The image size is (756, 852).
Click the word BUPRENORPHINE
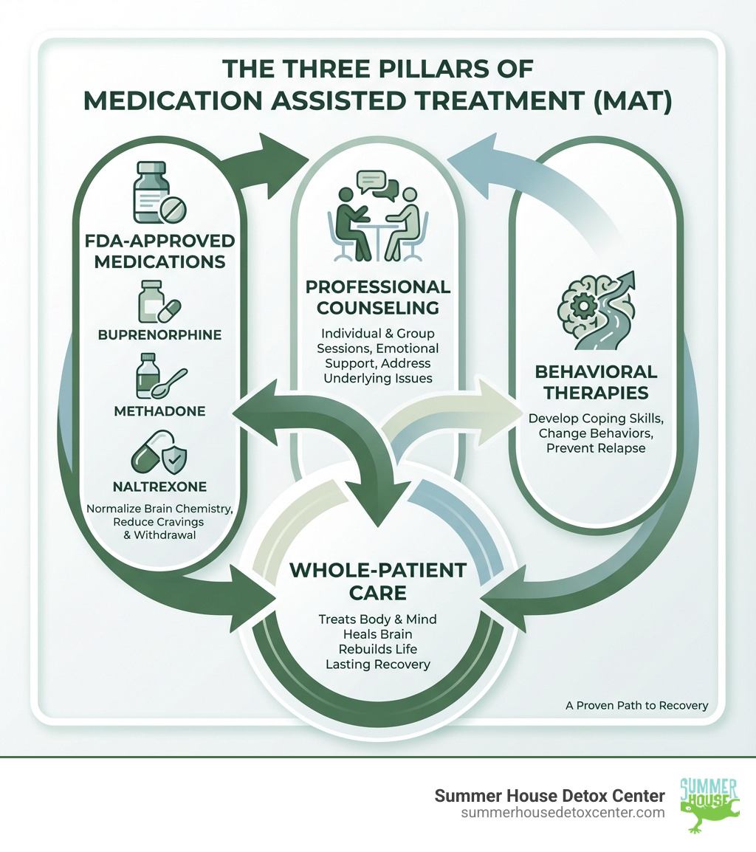159,334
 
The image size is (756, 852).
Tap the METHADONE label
159,410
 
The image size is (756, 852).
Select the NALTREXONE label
159,487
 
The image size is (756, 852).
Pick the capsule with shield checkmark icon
157,453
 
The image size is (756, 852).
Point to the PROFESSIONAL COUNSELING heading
378,297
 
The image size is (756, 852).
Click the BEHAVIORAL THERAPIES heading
596,382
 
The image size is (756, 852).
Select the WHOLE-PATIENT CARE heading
378,581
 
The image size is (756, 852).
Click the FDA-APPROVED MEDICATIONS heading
159,251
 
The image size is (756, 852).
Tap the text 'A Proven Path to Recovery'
636,705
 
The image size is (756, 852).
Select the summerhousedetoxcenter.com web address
562,812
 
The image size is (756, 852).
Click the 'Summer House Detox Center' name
549,795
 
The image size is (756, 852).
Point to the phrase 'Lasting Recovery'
378,664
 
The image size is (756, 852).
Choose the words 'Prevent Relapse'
596,448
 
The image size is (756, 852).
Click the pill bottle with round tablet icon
158,194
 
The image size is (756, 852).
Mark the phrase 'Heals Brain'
378,633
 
